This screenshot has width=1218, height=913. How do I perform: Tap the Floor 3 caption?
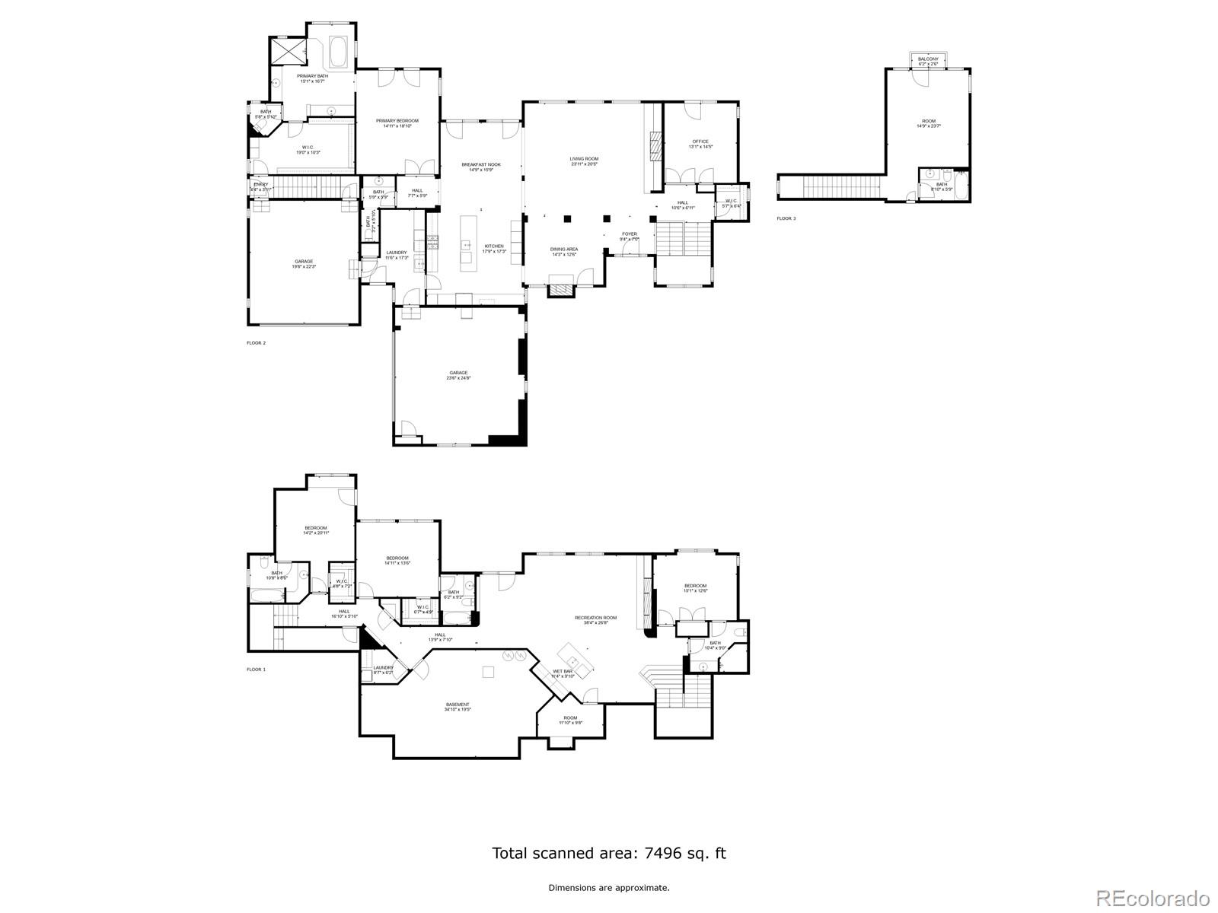(x=786, y=218)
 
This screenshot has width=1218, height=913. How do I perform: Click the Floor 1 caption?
(x=256, y=670)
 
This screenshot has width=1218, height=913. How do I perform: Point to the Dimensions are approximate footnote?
(x=609, y=887)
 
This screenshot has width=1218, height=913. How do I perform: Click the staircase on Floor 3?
(x=842, y=186)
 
